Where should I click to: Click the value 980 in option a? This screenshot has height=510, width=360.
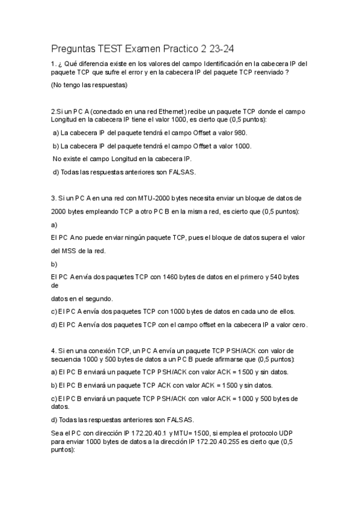(x=239, y=133)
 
